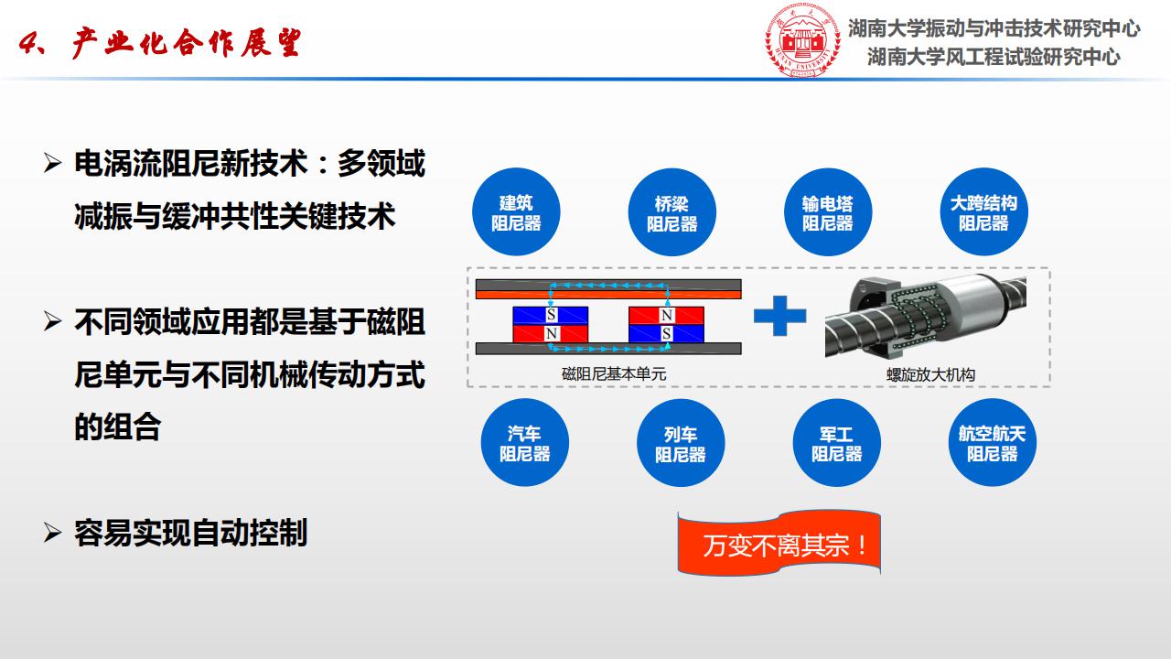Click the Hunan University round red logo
click(x=802, y=39)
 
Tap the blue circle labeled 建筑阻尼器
click(x=516, y=211)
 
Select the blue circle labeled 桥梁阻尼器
click(x=671, y=211)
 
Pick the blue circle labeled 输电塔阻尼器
click(x=828, y=211)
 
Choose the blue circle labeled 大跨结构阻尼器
click(x=983, y=211)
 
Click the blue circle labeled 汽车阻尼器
click(x=524, y=442)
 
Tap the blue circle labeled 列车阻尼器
click(x=680, y=442)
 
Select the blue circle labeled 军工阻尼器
click(x=836, y=442)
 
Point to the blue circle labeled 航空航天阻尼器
click(x=992, y=442)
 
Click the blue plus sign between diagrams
click(x=779, y=316)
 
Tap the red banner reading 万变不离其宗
click(x=779, y=544)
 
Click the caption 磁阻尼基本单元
click(x=614, y=374)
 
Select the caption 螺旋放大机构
click(x=930, y=374)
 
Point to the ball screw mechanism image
click(x=925, y=316)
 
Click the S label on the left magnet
click(x=551, y=314)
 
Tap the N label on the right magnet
click(x=667, y=315)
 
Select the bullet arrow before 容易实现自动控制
click(x=52, y=533)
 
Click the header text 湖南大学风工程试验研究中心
click(x=994, y=57)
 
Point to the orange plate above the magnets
click(x=608, y=295)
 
